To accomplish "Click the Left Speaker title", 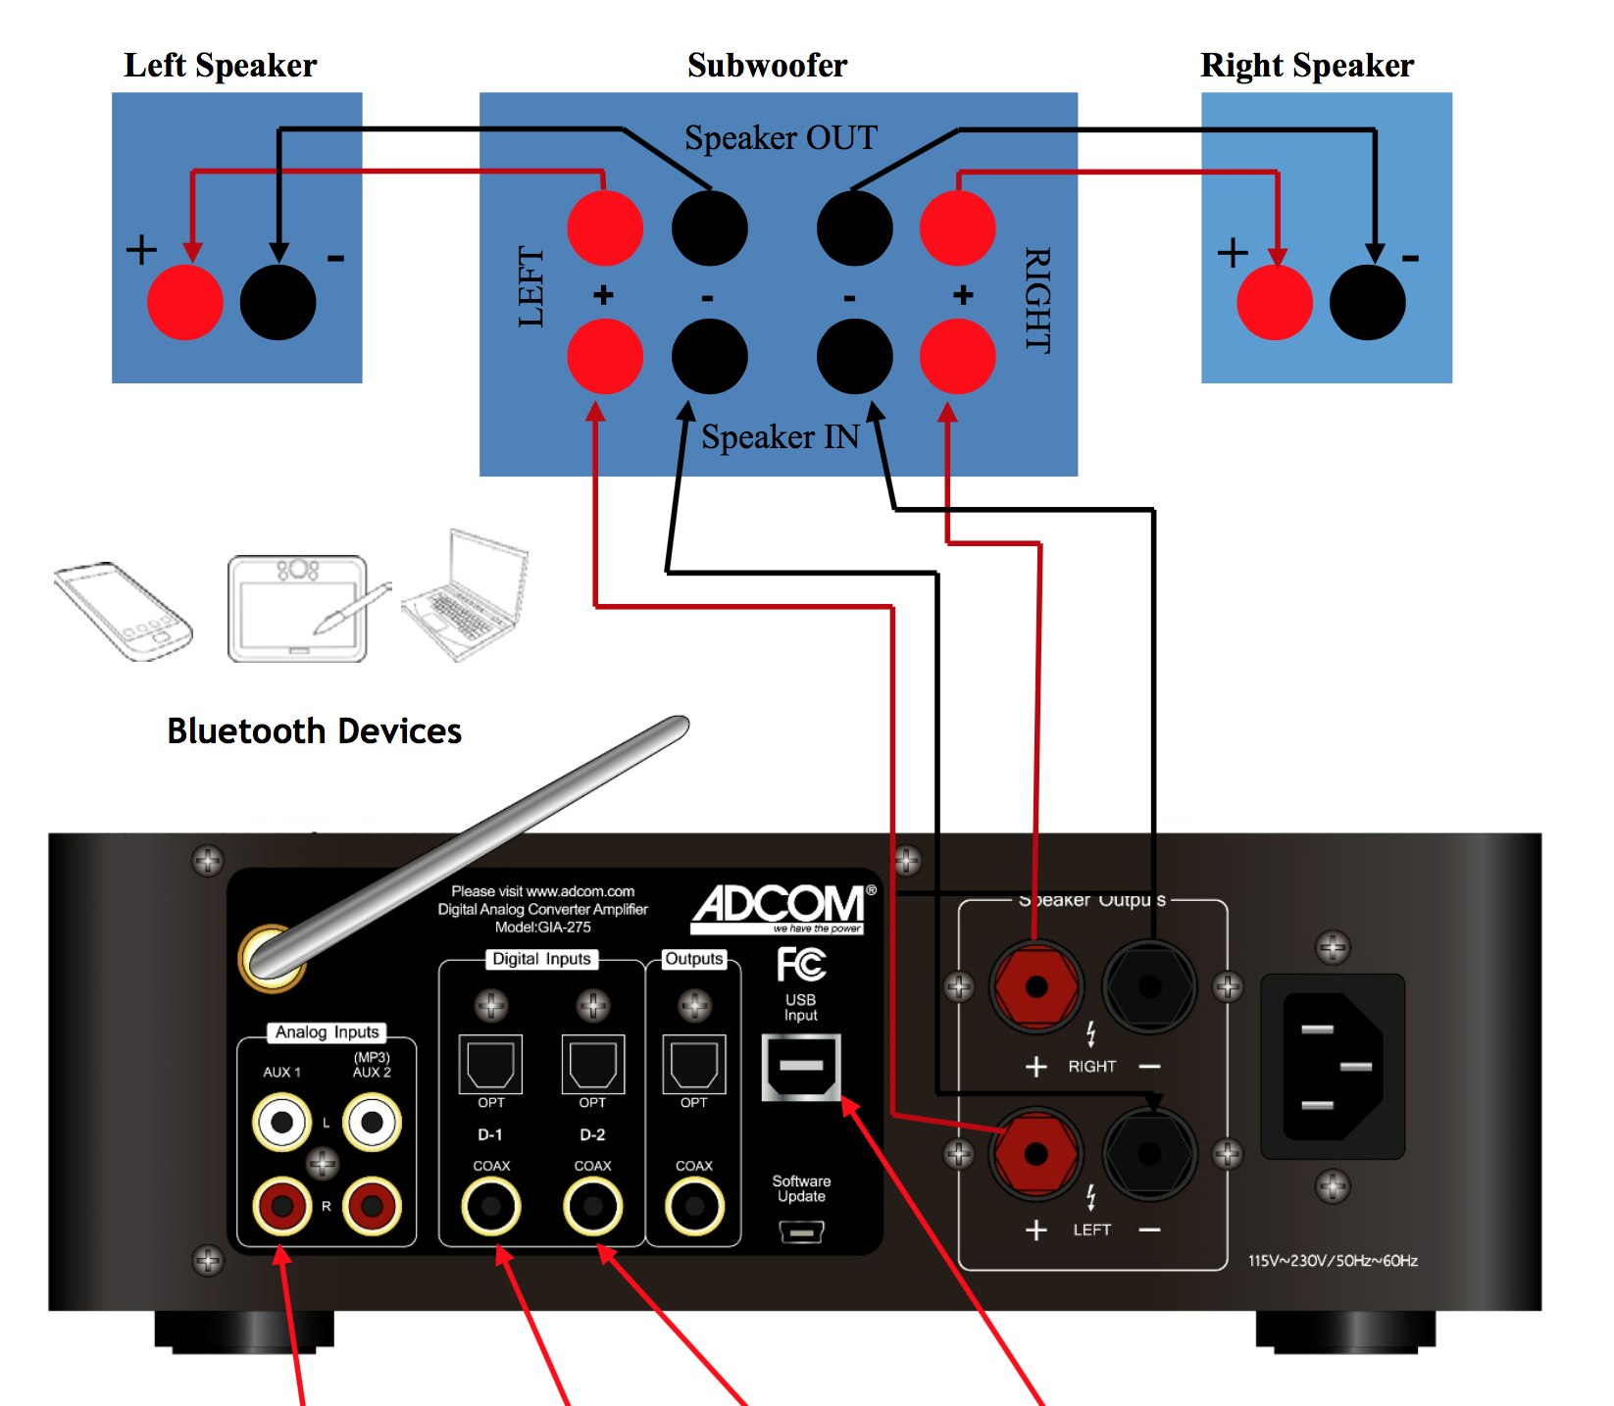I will (220, 66).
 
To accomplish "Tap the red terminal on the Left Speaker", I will (184, 302).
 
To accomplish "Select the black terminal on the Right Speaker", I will (1367, 302).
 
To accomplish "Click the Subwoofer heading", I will (767, 66).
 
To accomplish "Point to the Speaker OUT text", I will (781, 138).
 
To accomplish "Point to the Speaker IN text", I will (780, 436).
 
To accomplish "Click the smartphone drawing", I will (124, 610).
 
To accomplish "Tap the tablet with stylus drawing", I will (299, 609).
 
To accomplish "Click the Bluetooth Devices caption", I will (314, 731).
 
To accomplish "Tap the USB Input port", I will (801, 1067).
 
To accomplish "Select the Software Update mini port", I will (801, 1230).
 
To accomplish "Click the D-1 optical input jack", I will (490, 1064).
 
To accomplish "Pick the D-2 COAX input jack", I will (592, 1205).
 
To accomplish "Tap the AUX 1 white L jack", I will (282, 1123).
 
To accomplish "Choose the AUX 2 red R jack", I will (372, 1205).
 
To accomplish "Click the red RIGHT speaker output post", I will (1035, 987).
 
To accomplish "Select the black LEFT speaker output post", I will (1149, 1154).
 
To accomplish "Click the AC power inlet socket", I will (1332, 1067).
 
